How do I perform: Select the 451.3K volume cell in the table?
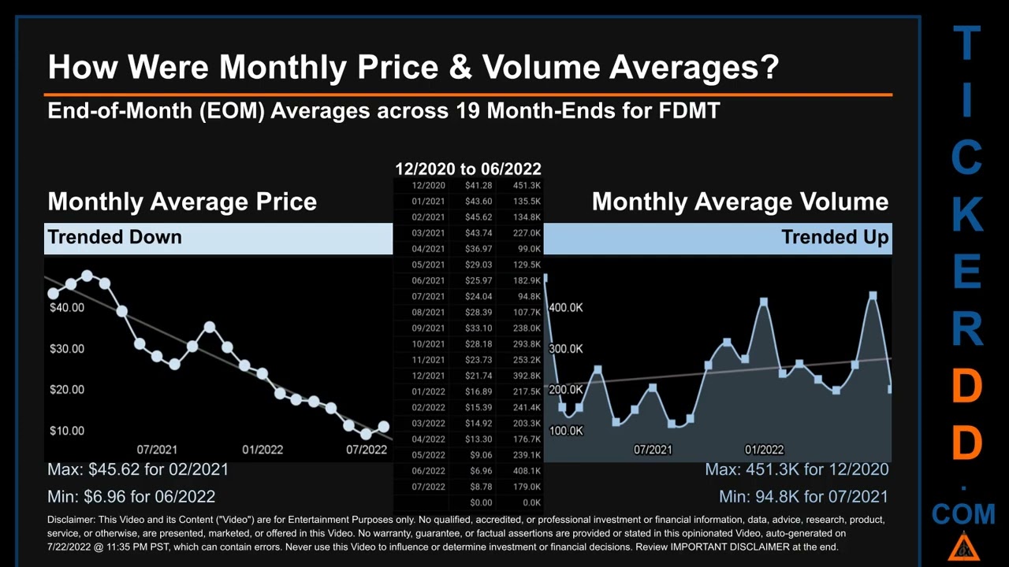click(526, 186)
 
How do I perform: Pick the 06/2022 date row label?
click(428, 471)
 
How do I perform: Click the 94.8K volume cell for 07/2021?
click(528, 297)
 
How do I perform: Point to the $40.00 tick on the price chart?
click(67, 307)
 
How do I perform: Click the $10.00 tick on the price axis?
click(67, 431)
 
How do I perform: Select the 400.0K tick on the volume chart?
click(566, 308)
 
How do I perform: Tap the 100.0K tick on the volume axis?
click(566, 431)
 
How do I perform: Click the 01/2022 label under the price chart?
click(262, 450)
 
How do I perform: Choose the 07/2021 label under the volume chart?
click(653, 450)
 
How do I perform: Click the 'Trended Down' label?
click(114, 237)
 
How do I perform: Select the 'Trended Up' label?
click(835, 237)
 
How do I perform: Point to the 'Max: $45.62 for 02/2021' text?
click(138, 469)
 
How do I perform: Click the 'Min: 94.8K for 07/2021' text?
click(803, 497)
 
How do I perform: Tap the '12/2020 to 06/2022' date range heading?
click(468, 169)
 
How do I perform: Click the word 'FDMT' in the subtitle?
click(689, 110)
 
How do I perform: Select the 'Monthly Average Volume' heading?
click(739, 202)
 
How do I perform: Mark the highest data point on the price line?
click(87, 276)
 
